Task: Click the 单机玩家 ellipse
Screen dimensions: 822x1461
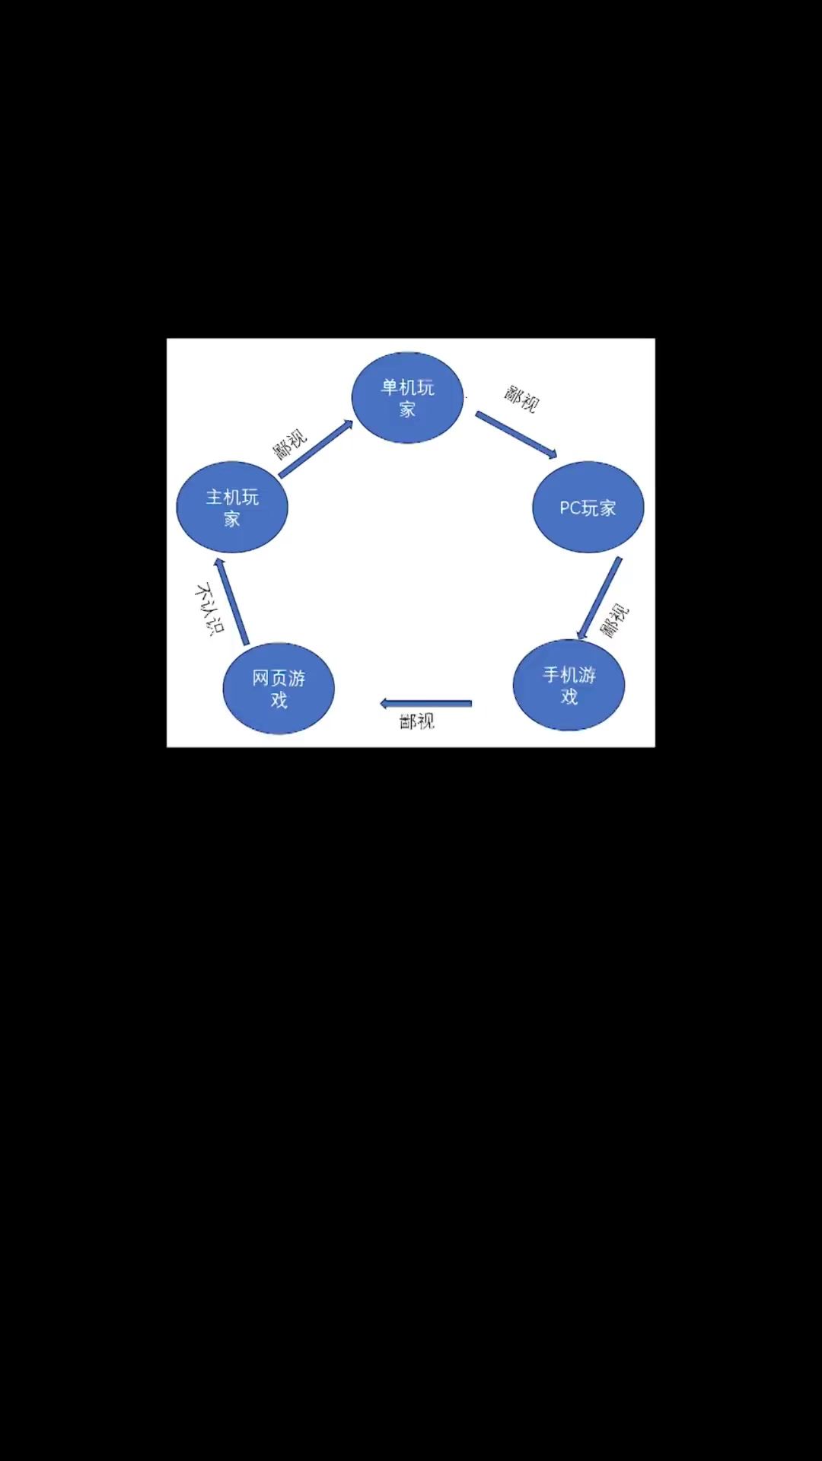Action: pyautogui.click(x=407, y=397)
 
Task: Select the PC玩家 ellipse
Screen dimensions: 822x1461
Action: pyautogui.click(x=588, y=507)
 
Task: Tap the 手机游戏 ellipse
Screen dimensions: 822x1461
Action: pyautogui.click(x=569, y=685)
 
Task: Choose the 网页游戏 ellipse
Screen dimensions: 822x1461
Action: pyautogui.click(x=279, y=688)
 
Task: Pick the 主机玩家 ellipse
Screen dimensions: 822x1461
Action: pyautogui.click(x=232, y=507)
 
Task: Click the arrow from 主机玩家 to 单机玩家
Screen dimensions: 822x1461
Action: pyautogui.click(x=316, y=448)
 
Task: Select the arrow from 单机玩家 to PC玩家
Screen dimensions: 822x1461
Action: pyautogui.click(x=517, y=434)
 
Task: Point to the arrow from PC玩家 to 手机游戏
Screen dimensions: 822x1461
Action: pyautogui.click(x=599, y=598)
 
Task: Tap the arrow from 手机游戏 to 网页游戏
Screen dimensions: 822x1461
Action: pyautogui.click(x=425, y=703)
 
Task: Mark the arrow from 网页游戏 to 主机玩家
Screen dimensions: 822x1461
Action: pyautogui.click(x=231, y=602)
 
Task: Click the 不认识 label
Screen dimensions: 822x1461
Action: pyautogui.click(x=209, y=610)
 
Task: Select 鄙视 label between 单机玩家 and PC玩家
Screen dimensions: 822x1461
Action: pyautogui.click(x=521, y=399)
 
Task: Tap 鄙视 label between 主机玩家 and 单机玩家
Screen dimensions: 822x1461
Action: pyautogui.click(x=290, y=444)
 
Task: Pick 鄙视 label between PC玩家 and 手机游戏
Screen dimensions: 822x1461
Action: pyautogui.click(x=614, y=621)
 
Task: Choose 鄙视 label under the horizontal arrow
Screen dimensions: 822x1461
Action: pyautogui.click(x=417, y=721)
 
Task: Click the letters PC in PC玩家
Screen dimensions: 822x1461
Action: pyautogui.click(x=570, y=508)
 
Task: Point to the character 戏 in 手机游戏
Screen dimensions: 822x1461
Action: pyautogui.click(x=569, y=696)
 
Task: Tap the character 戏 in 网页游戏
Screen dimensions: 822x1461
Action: pyautogui.click(x=279, y=699)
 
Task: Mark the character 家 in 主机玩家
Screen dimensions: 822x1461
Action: pyautogui.click(x=232, y=519)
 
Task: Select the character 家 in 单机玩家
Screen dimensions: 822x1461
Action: pyautogui.click(x=407, y=409)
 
